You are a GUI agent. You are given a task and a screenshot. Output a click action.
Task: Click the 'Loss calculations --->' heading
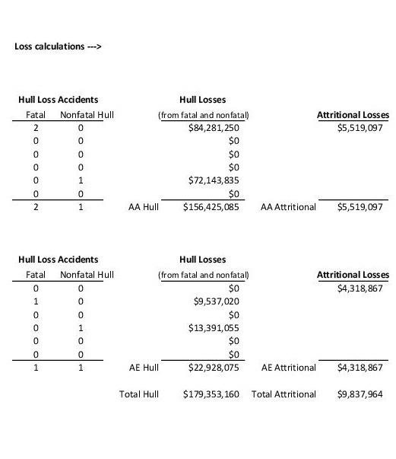pos(59,46)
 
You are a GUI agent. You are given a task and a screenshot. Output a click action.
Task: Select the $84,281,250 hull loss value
pos(214,128)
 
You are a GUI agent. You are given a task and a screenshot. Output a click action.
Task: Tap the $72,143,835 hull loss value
pos(214,180)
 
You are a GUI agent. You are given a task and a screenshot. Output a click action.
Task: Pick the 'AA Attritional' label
pos(288,206)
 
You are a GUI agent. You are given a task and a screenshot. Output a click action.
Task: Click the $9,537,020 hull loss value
pos(217,301)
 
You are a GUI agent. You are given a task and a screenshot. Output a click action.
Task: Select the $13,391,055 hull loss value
pos(214,328)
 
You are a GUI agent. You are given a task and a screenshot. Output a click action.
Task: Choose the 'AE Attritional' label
pos(289,368)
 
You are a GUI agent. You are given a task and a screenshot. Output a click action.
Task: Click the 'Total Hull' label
pos(139,394)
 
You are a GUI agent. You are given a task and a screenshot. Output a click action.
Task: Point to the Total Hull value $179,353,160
pos(211,394)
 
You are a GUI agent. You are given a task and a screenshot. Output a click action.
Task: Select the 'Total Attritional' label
pos(284,394)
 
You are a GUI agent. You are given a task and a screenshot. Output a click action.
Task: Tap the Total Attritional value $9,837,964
pos(360,394)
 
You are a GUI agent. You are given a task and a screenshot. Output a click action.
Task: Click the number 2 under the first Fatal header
pos(36,128)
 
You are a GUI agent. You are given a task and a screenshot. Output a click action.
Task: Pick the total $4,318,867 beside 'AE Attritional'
pos(360,368)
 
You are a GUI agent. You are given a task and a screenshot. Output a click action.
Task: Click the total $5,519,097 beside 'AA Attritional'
pos(360,206)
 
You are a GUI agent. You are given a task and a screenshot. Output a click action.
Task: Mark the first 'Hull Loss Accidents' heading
pos(58,100)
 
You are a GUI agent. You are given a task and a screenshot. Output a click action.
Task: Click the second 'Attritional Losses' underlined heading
pos(353,275)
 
